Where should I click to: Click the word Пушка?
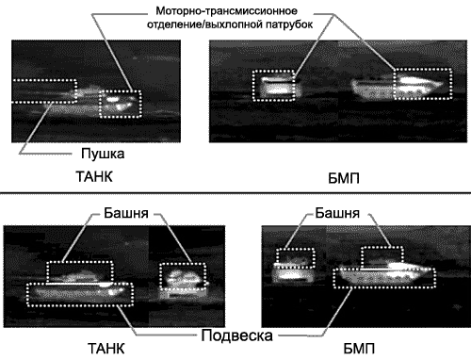pos(103,154)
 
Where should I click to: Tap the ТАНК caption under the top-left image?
pos(94,176)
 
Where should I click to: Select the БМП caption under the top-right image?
pos(344,178)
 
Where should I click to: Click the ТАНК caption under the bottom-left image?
pos(106,349)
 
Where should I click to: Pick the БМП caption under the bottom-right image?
pos(359,349)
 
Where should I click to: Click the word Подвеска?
pos(236,335)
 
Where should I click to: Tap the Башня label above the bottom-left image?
pos(126,213)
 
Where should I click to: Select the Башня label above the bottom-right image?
pos(337,213)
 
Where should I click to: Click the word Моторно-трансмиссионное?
pos(226,11)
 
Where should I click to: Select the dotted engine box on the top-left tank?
pos(121,91)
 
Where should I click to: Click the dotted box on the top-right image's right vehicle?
pos(423,69)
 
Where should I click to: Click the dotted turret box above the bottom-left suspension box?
pos(80,262)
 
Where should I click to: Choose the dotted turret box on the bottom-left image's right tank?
pos(183,264)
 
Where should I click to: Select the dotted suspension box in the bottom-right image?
pos(384,287)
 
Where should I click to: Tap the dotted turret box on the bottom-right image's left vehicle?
pos(295,250)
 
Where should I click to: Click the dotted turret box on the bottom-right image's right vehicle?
pos(382,248)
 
